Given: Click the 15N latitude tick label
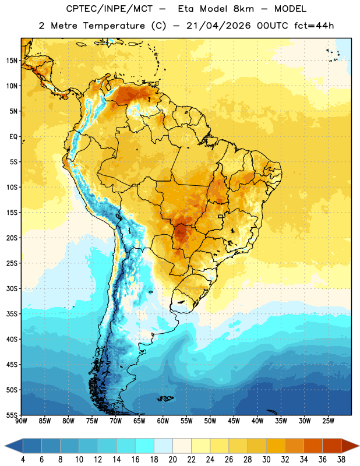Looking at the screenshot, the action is pyautogui.click(x=12, y=61).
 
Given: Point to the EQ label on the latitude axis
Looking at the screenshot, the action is pyautogui.click(x=13, y=137).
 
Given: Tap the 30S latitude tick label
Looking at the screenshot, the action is pyautogui.click(x=12, y=288).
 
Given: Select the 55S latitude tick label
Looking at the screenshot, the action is pyautogui.click(x=12, y=415).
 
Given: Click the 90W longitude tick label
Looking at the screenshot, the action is pyautogui.click(x=21, y=421).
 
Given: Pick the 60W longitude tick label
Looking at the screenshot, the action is pyautogui.click(x=163, y=421).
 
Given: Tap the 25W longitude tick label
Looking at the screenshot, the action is pyautogui.click(x=328, y=421).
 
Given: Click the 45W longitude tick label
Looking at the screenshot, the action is pyautogui.click(x=234, y=421).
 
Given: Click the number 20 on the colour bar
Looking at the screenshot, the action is pyautogui.click(x=172, y=460).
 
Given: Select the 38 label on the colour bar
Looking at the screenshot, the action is pyautogui.click(x=341, y=460).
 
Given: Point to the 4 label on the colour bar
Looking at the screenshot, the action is pyautogui.click(x=23, y=460).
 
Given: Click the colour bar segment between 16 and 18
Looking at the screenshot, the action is pyautogui.click(x=144, y=446).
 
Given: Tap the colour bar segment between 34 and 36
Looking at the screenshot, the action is pyautogui.click(x=313, y=446).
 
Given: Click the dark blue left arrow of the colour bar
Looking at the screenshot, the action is pyautogui.click(x=14, y=446).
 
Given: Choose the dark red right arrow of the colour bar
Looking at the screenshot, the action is pyautogui.click(x=350, y=446).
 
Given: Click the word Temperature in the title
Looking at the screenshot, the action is pyautogui.click(x=114, y=26).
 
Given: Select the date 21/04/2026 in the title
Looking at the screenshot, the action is pyautogui.click(x=218, y=26).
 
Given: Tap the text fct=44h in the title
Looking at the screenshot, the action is pyautogui.click(x=314, y=26).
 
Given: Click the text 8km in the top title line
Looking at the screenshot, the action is pyautogui.click(x=243, y=9).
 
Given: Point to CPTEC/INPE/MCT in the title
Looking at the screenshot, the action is pyautogui.click(x=110, y=9).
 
